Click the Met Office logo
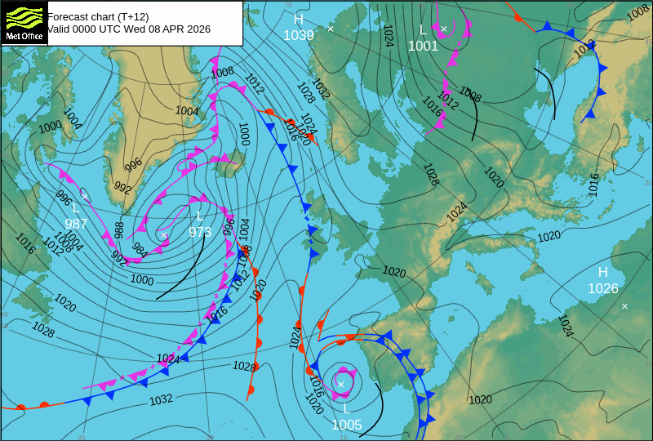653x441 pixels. tap(24, 22)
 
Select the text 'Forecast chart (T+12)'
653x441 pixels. tap(98, 16)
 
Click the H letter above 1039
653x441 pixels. tap(299, 20)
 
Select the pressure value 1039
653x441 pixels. tap(299, 35)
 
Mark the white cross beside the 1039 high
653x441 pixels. tap(331, 29)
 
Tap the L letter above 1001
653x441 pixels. tap(423, 30)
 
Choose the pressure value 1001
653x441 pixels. tap(423, 47)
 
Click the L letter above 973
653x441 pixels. tap(200, 216)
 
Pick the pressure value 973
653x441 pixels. tap(200, 232)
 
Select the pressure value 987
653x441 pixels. tap(76, 224)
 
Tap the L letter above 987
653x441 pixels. tap(76, 208)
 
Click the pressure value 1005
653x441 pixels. tap(346, 425)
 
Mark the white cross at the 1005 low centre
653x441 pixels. tap(341, 384)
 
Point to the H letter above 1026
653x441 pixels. tap(603, 272)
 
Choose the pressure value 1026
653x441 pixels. tap(603, 288)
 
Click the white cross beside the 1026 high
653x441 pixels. tap(624, 306)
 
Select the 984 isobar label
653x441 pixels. tap(140, 250)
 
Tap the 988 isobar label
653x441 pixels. tap(119, 230)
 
